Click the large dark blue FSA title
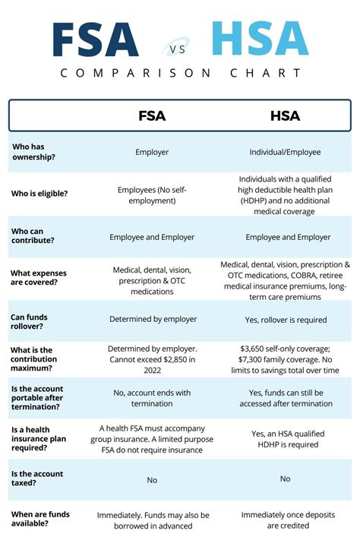95,40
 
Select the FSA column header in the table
151,116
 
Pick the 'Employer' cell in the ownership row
152,152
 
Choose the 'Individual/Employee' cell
285,152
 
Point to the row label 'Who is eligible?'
39,194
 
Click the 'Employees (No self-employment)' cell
152,194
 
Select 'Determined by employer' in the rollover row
152,320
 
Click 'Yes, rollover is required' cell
285,320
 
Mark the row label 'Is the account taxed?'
36,478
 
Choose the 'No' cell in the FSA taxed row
152,480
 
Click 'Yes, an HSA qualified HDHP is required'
285,439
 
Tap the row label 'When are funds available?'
39,519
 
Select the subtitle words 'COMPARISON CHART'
180,73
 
